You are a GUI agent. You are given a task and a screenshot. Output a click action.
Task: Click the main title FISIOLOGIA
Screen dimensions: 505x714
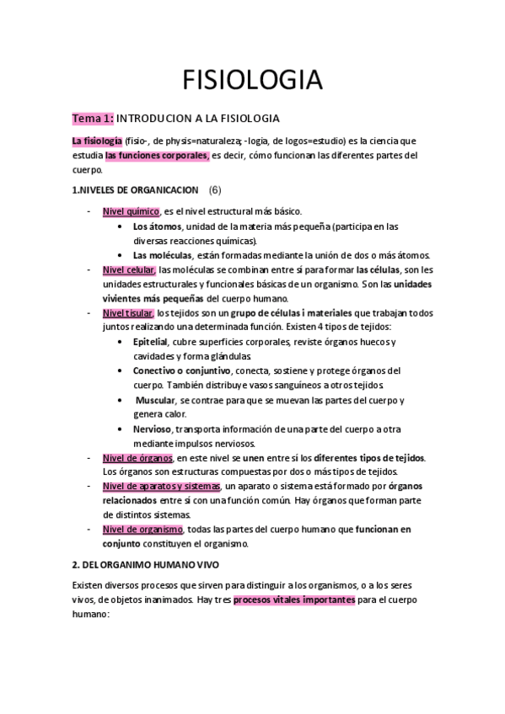point(252,80)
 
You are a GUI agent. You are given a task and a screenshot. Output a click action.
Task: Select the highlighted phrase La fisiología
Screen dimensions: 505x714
point(98,141)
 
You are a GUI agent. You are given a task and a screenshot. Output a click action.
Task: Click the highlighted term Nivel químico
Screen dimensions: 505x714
point(131,211)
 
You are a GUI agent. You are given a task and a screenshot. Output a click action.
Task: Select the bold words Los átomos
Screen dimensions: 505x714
point(155,226)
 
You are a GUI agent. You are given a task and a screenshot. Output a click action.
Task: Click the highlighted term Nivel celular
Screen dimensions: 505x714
point(129,269)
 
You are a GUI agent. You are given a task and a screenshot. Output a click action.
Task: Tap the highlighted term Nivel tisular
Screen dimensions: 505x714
point(128,312)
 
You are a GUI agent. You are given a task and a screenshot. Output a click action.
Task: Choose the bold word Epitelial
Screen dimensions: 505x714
point(151,342)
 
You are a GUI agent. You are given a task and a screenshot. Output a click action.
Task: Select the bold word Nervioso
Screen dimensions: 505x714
point(153,429)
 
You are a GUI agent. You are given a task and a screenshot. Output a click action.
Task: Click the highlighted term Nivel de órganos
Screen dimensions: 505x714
point(137,457)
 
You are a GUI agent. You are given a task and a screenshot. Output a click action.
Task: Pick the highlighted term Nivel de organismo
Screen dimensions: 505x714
point(142,529)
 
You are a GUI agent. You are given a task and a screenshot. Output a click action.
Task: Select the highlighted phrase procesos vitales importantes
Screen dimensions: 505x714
point(293,599)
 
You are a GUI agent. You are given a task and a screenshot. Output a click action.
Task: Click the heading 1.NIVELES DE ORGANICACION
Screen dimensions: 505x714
point(136,190)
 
